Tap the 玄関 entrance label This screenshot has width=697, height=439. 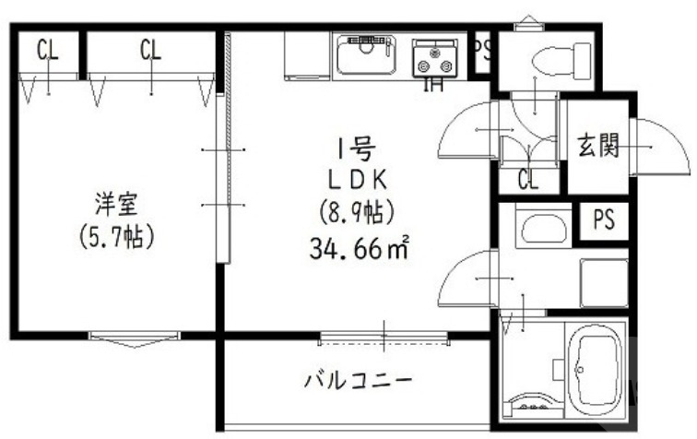pyautogui.click(x=598, y=146)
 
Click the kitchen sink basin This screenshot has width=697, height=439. pyautogui.click(x=365, y=56)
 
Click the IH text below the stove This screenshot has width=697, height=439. pyautogui.click(x=431, y=86)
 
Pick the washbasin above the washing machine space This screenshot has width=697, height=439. pyautogui.click(x=542, y=228)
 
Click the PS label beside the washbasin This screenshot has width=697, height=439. pyautogui.click(x=604, y=221)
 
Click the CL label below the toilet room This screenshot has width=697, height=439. pyautogui.click(x=527, y=180)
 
